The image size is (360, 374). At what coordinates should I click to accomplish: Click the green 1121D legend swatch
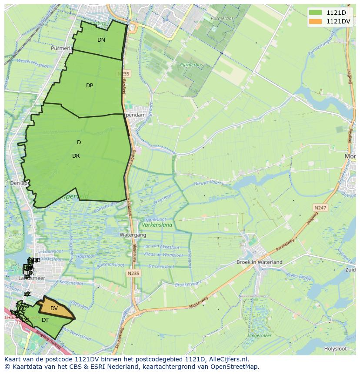316,13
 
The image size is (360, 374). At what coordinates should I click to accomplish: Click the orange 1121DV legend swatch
316,21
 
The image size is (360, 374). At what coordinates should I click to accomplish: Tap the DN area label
101,40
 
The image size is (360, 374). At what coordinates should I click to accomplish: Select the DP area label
90,86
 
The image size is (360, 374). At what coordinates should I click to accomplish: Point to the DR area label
76,156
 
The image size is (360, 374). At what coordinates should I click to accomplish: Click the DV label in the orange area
54,308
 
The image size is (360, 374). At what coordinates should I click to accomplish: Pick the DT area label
45,320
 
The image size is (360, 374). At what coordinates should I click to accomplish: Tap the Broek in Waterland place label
259,262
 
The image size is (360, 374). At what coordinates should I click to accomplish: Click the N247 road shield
321,209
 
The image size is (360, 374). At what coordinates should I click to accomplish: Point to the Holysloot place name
335,348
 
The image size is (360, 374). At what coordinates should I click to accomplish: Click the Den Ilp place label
18,183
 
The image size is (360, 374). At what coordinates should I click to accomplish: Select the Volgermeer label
260,335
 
